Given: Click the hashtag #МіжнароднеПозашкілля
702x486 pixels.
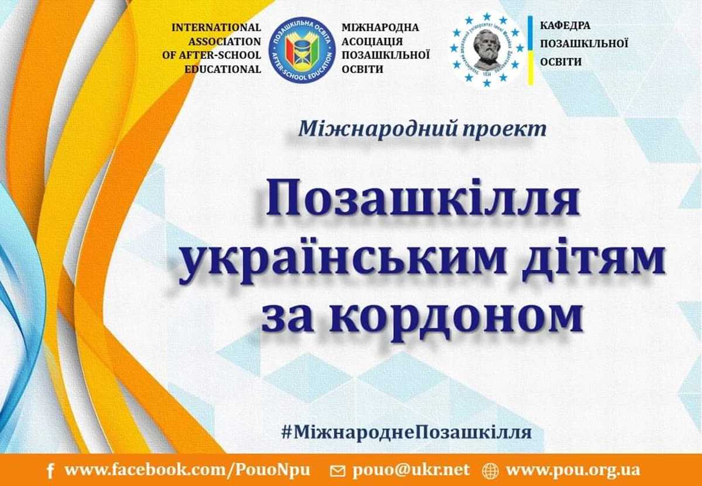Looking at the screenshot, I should [406, 433].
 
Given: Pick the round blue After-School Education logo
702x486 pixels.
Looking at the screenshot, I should [302, 50].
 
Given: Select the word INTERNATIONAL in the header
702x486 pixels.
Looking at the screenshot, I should [216, 27].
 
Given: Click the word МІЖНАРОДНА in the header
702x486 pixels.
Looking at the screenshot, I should [380, 27].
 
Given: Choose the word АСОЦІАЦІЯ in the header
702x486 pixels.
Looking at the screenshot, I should [372, 42].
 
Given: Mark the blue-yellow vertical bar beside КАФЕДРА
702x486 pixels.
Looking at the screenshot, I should [530, 50].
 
